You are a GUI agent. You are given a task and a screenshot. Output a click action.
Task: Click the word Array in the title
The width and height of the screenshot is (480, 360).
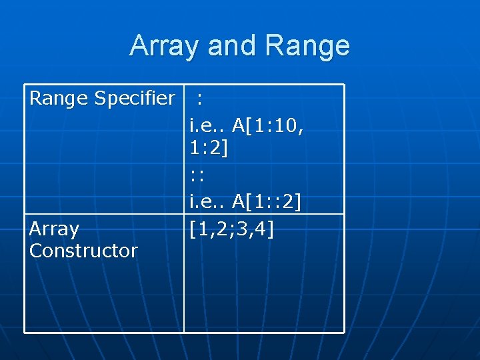point(165,46)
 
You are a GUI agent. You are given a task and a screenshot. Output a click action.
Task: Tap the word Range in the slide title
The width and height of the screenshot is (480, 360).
point(307,46)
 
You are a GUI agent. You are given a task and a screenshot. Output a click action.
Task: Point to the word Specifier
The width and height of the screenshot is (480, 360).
point(135,99)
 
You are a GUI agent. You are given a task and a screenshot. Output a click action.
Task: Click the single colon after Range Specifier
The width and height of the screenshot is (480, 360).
point(200,100)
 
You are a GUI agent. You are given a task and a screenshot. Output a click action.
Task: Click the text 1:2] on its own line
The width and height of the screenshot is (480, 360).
point(208,149)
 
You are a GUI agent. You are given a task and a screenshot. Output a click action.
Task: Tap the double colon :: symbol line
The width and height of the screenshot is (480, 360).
point(196,176)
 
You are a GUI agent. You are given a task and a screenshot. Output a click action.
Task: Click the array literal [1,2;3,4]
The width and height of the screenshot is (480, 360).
point(231,229)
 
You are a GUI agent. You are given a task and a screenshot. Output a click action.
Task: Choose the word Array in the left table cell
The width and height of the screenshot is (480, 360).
point(54,229)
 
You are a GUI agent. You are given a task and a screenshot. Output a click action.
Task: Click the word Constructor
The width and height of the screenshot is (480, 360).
point(83,251)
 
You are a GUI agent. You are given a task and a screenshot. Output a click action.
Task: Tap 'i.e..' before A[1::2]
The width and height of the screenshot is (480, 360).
point(207,201)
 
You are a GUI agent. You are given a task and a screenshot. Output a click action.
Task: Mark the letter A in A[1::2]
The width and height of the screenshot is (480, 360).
point(239,201)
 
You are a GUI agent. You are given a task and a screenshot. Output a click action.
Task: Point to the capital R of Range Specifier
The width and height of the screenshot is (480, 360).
point(35,99)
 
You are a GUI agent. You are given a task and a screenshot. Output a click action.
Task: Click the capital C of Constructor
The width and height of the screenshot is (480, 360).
point(35,251)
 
